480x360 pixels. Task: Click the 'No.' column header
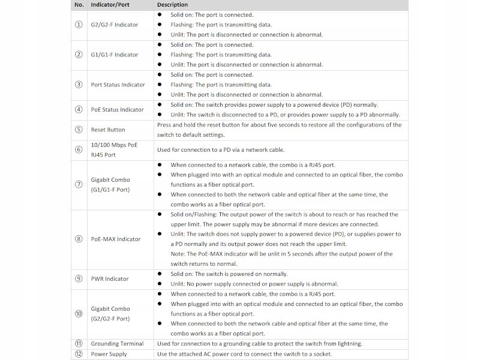pyautogui.click(x=79, y=5)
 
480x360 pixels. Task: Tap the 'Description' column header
pyautogui.click(x=173, y=5)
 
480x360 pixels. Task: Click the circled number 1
pyautogui.click(x=79, y=25)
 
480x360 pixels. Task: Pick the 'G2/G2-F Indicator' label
pyautogui.click(x=114, y=25)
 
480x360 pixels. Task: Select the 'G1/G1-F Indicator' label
pyautogui.click(x=114, y=55)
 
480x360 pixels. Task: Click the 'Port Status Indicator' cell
pyautogui.click(x=118, y=85)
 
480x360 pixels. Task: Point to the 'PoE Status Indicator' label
pyautogui.click(x=117, y=110)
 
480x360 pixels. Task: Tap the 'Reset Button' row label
pyautogui.click(x=108, y=130)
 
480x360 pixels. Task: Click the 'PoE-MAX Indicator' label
pyautogui.click(x=116, y=239)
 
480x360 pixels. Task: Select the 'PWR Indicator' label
pyautogui.click(x=110, y=278)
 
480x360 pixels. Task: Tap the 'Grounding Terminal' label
pyautogui.click(x=117, y=344)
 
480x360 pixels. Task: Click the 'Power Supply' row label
pyautogui.click(x=109, y=354)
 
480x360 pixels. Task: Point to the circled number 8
pyautogui.click(x=79, y=239)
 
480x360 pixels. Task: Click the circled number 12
pyautogui.click(x=79, y=354)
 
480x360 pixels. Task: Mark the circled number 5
pyautogui.click(x=79, y=130)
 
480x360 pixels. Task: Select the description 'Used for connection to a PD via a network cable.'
pyautogui.click(x=221, y=150)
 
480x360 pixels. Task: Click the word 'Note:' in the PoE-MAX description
pyautogui.click(x=179, y=254)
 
